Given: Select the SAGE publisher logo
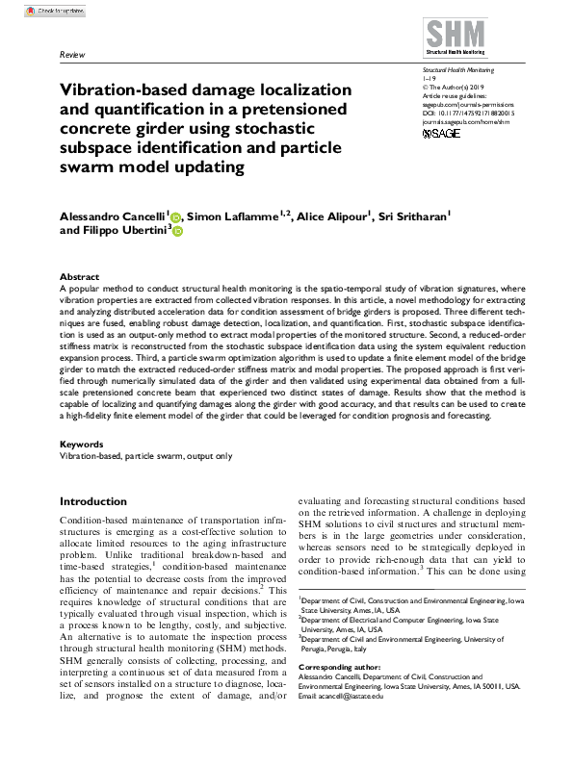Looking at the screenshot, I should coord(444,134).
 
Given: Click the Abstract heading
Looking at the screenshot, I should coord(79,276).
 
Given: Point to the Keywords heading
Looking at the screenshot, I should coord(83,444).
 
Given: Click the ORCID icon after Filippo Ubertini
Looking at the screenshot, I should coord(177,232).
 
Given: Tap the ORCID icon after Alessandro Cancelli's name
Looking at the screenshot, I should coord(174,217).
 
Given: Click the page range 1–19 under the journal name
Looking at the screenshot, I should coord(430,79).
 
